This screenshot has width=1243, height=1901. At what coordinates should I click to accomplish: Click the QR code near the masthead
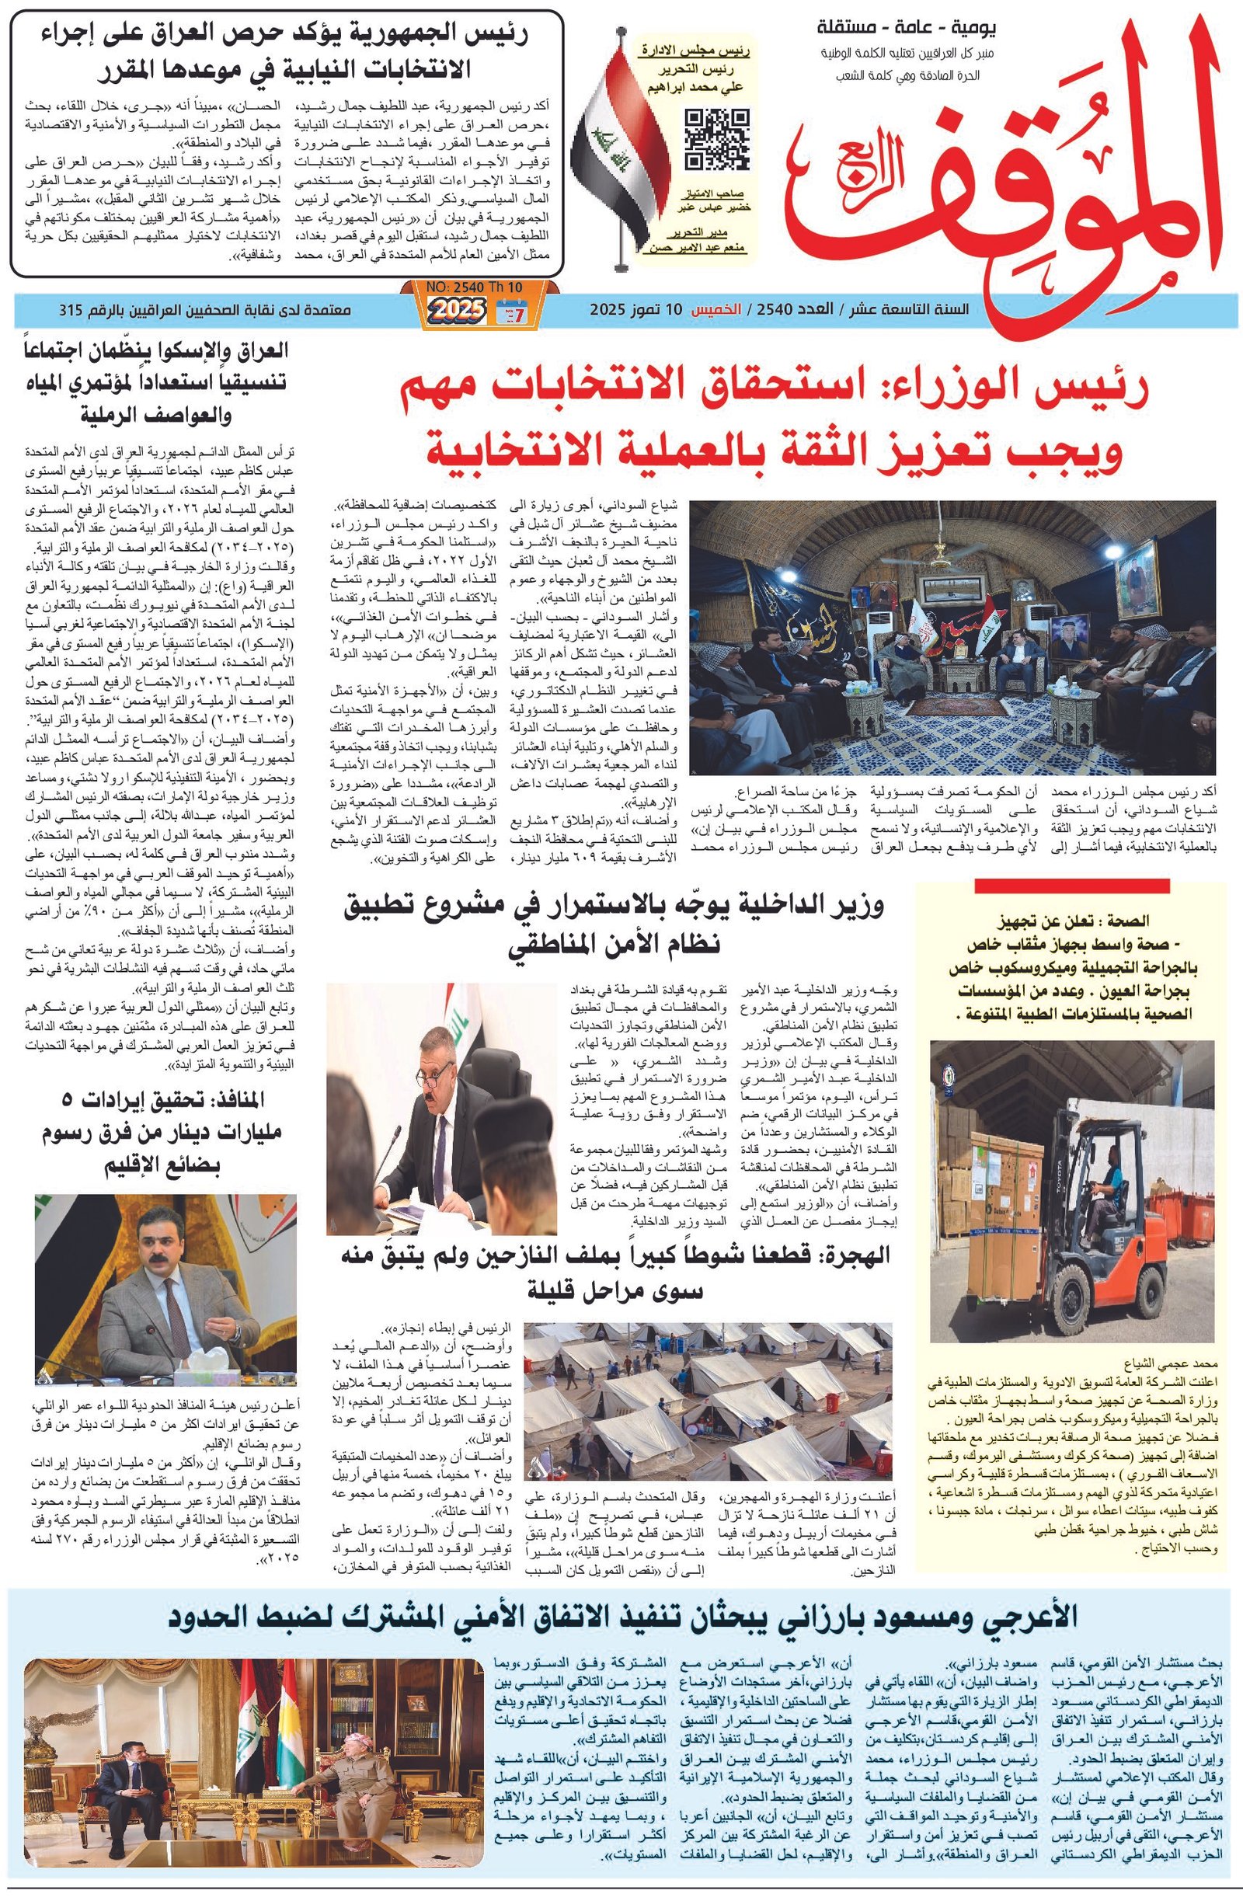click(x=716, y=139)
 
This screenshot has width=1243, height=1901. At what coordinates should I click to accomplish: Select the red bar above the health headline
click(x=1071, y=886)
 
